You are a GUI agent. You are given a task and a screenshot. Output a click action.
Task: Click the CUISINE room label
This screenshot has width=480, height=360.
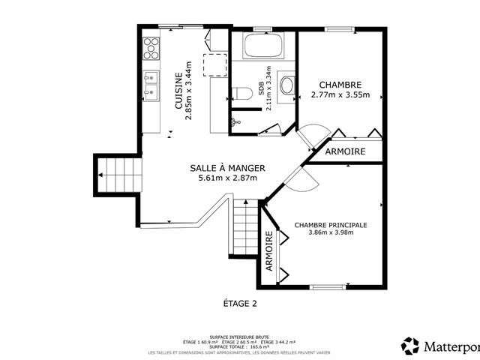178,91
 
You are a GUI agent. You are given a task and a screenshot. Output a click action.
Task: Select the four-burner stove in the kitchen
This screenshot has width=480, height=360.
151,47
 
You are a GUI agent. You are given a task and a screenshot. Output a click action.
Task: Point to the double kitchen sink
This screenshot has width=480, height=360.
151,84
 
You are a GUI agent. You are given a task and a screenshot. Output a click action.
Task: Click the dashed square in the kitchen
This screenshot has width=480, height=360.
216,64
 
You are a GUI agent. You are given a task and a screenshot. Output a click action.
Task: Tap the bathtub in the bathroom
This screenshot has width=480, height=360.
263,46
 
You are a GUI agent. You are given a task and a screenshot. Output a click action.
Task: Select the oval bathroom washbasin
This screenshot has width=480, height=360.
286,85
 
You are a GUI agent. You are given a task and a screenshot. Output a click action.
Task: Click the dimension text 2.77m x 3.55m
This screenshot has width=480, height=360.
341,95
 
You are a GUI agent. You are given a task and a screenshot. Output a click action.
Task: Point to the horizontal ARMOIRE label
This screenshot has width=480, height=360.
346,151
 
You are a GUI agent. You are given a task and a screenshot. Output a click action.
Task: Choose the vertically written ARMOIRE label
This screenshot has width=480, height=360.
269,251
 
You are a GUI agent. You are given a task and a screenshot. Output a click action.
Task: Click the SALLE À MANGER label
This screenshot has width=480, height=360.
227,168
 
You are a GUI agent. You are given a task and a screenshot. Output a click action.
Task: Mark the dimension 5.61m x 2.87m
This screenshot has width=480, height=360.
227,178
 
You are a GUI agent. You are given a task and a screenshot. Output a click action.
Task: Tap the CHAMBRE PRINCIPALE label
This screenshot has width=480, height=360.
331,224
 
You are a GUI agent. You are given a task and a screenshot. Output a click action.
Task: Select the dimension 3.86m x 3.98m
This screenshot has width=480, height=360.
331,232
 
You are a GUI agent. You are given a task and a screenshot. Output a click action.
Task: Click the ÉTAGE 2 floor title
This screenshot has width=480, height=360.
239,304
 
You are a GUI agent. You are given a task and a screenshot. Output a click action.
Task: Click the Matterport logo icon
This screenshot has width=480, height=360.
410,346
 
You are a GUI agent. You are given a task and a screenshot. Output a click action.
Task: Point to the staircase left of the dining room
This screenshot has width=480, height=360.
117,175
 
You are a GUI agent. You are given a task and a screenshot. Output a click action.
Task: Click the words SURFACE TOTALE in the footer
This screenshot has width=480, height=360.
220,347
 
